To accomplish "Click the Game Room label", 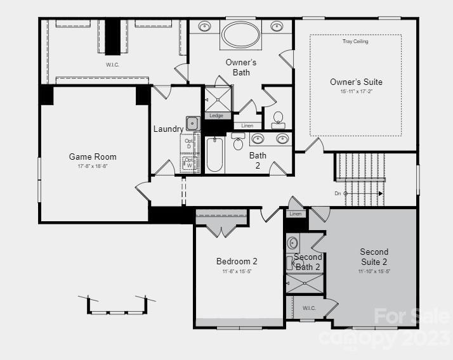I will click(x=93, y=157).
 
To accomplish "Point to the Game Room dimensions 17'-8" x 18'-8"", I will click(x=93, y=166).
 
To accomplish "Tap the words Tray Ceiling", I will click(x=355, y=42).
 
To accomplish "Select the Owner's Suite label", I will click(x=356, y=82).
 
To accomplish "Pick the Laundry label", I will click(x=168, y=129).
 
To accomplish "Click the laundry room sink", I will click(x=192, y=123).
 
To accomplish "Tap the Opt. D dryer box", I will click(x=188, y=144).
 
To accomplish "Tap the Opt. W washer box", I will click(x=189, y=164).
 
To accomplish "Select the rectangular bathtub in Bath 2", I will click(x=214, y=155).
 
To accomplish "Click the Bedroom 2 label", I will click(x=237, y=261).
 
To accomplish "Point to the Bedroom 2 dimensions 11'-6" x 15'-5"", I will click(x=237, y=271).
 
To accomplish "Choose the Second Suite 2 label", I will click(x=374, y=257).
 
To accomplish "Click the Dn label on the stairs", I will click(x=338, y=193).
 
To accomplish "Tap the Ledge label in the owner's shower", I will click(x=216, y=115).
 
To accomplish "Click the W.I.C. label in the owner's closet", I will click(x=112, y=65).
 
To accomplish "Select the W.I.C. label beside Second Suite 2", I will click(x=308, y=308).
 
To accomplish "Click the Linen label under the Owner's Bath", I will click(x=247, y=125).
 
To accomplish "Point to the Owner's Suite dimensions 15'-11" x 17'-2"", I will click(x=356, y=92).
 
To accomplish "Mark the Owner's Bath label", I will click(x=241, y=67).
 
